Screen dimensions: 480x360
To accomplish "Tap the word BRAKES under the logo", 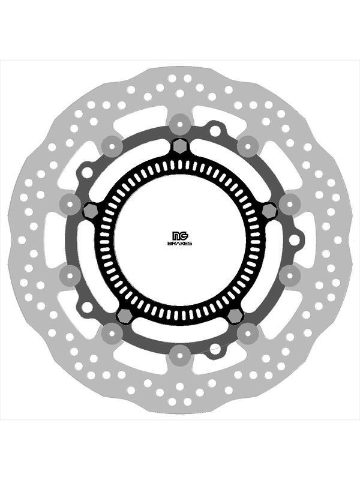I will [179, 244].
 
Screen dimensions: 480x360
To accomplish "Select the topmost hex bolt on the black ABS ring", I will [179, 146].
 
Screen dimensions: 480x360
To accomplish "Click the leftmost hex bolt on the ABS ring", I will [91, 211].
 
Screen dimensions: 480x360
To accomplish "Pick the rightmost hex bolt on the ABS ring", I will [269, 211].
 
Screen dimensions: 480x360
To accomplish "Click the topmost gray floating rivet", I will [179, 124].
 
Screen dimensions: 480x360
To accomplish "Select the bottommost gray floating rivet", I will [179, 355].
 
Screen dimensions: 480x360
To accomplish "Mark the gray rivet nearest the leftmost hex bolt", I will [70, 203].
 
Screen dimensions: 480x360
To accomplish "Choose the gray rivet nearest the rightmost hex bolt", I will [289, 203].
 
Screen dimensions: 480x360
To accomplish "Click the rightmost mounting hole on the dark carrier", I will [294, 240].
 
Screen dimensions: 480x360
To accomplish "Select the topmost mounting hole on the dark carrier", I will [214, 130].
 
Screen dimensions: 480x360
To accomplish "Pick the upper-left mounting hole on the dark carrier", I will [87, 172].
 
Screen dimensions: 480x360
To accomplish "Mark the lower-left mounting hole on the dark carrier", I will [87, 307].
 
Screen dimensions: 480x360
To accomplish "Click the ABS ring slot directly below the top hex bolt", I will [179, 164].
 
